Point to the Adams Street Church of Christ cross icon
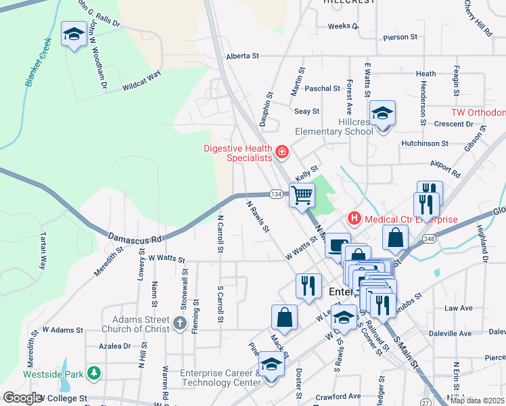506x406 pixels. pyautogui.click(x=179, y=323)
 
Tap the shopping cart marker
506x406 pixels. pyautogui.click(x=302, y=195)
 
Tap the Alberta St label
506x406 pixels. pyautogui.click(x=243, y=56)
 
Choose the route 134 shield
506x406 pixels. pyautogui.click(x=275, y=194)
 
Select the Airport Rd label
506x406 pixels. pyautogui.click(x=444, y=164)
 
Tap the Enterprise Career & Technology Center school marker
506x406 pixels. pyautogui.click(x=271, y=365)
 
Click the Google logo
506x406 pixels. pyautogui.click(x=23, y=397)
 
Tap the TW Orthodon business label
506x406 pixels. pyautogui.click(x=478, y=112)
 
